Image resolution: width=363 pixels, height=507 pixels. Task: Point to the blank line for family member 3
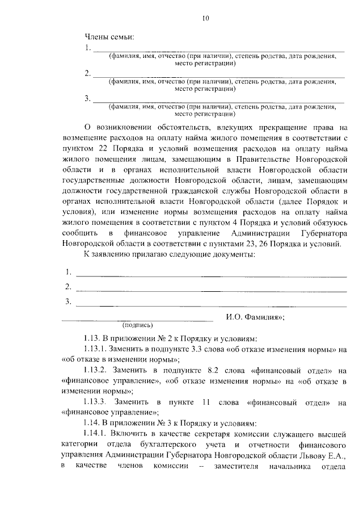pyautogui.click(x=218, y=101)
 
